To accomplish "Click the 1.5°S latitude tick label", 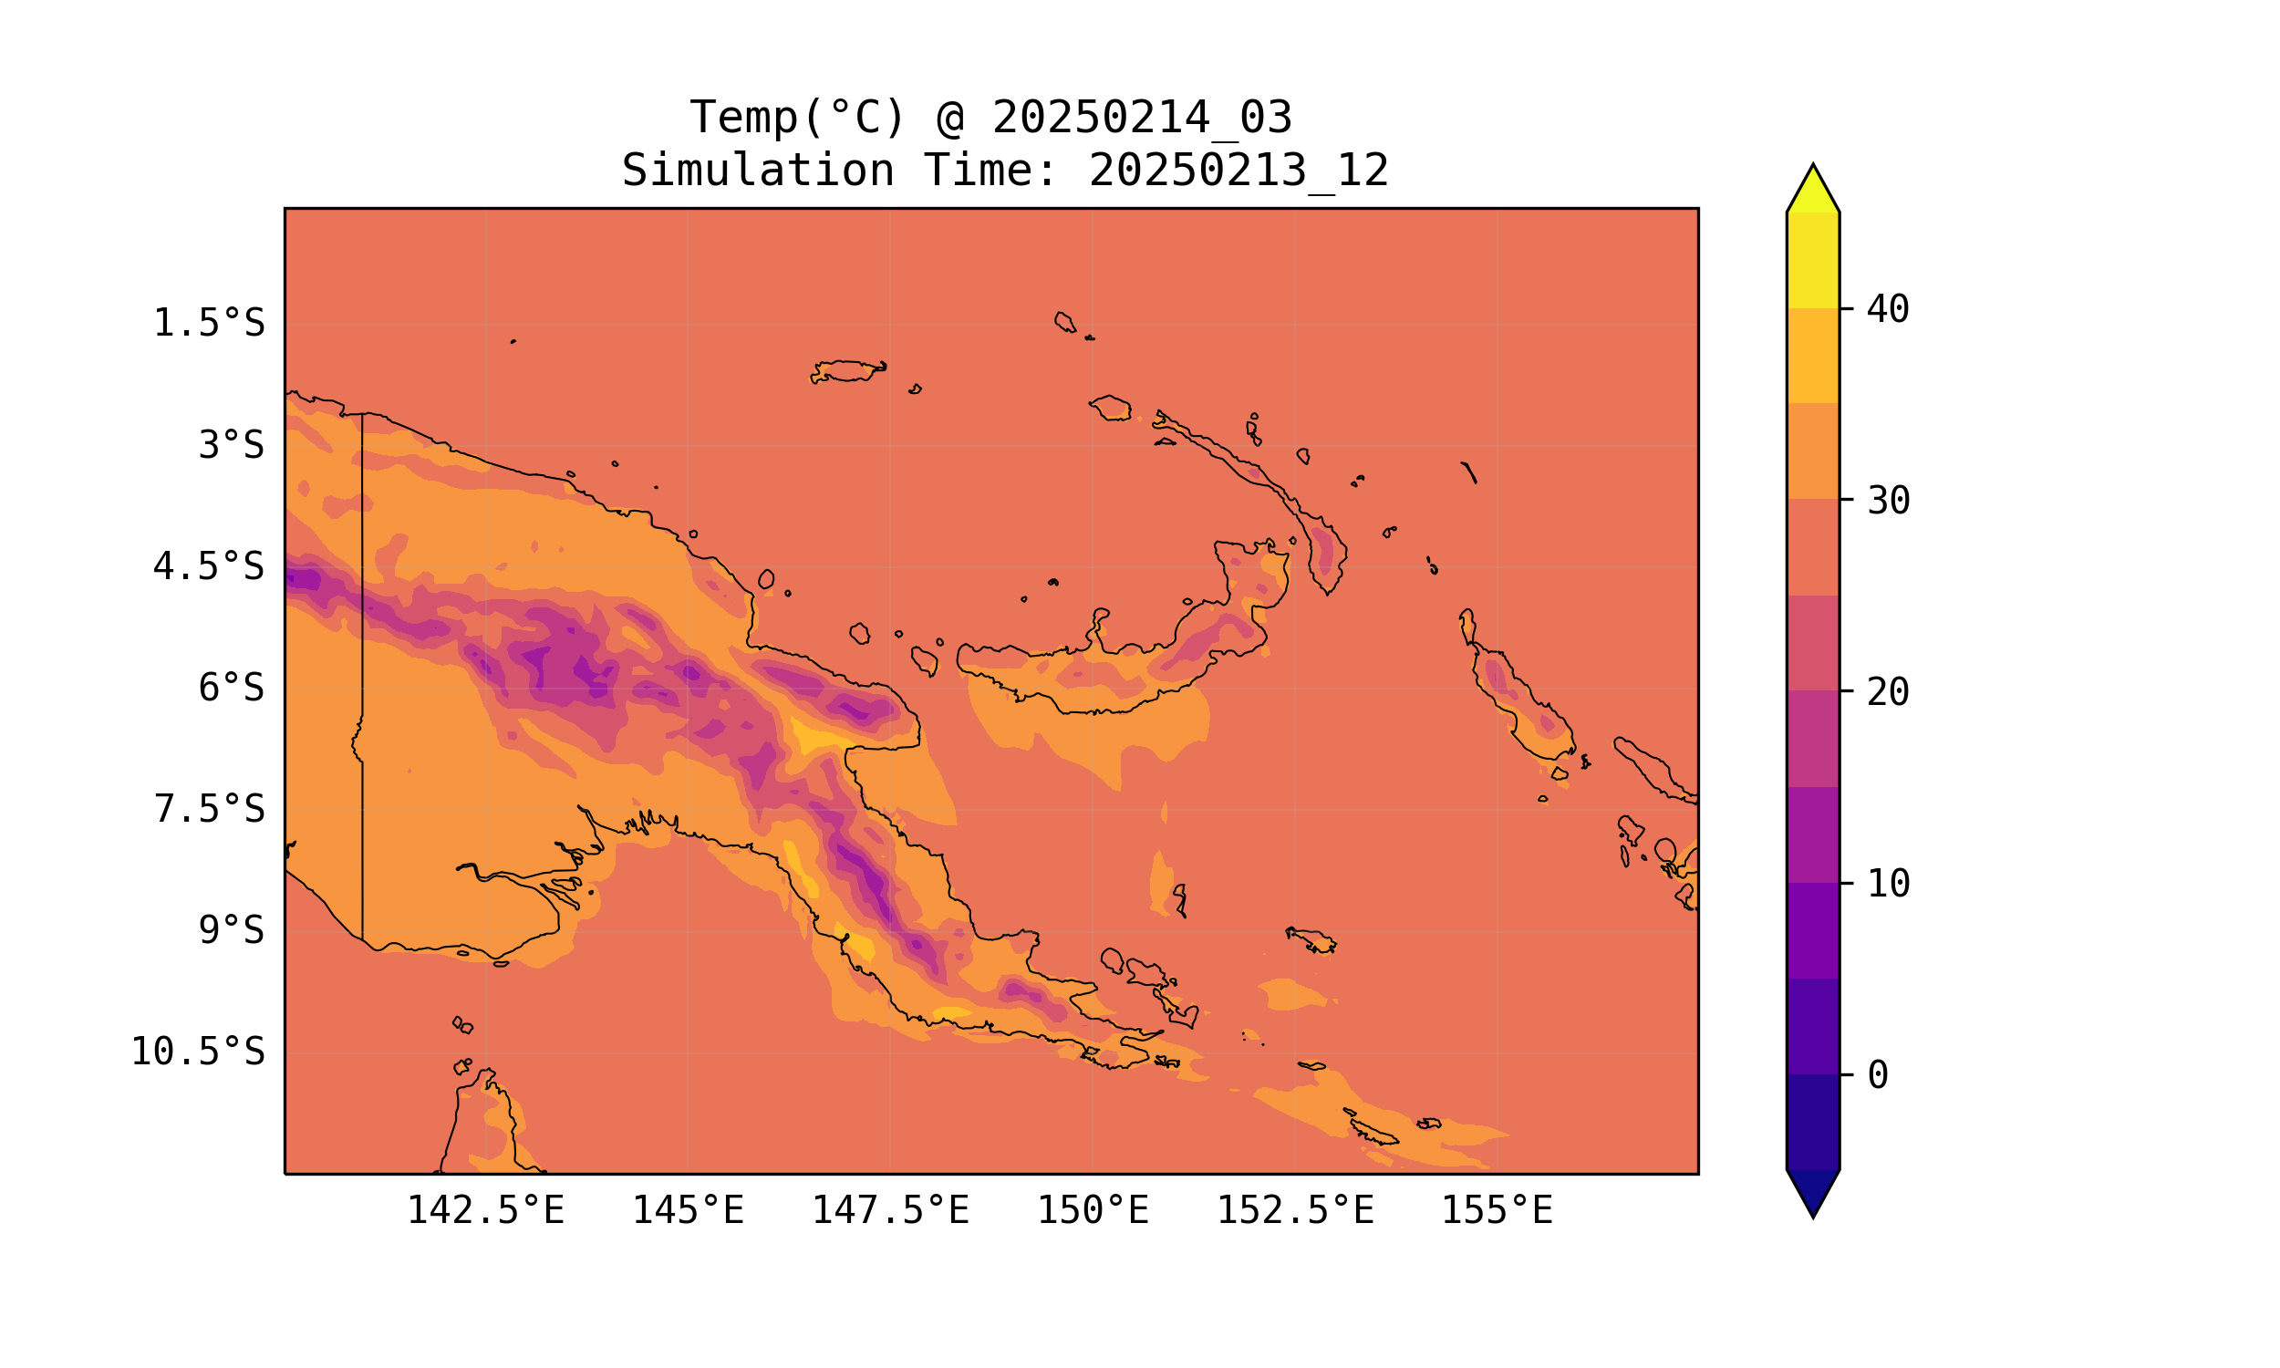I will click(x=208, y=324).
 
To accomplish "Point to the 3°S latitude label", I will click(x=232, y=445).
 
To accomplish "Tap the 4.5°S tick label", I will click(x=208, y=567).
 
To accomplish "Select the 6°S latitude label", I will click(x=232, y=688).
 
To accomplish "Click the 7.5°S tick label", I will click(x=208, y=809).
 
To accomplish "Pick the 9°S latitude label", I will click(x=232, y=931).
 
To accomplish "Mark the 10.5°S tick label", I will click(x=197, y=1052).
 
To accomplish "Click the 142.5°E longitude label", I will click(x=486, y=1210).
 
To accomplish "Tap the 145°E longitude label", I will click(x=688, y=1210).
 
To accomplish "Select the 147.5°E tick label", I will click(x=890, y=1210).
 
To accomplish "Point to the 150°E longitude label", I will click(x=1093, y=1210).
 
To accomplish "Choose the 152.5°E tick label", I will click(x=1295, y=1210).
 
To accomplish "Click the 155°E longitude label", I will click(x=1497, y=1210).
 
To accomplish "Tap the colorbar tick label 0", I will click(x=1878, y=1075).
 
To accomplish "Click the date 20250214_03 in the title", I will click(x=1142, y=118).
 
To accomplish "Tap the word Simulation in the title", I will click(x=758, y=171).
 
